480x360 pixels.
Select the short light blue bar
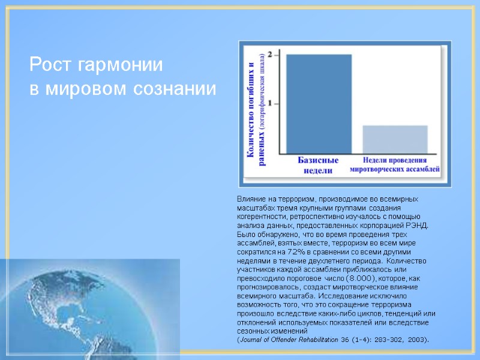coord(395,139)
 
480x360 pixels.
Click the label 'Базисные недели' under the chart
coord(319,165)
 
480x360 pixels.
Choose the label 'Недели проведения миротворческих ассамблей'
coord(395,165)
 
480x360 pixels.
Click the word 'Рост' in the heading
coord(50,64)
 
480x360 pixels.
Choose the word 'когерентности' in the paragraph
coord(256,217)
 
